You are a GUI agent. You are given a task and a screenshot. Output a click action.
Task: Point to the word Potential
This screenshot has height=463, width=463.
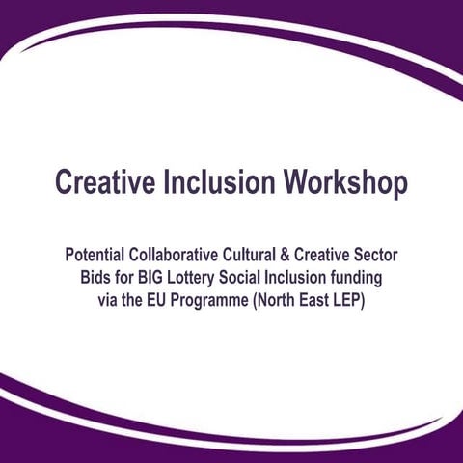99,258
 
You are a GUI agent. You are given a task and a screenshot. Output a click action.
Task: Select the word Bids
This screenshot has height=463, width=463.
96,278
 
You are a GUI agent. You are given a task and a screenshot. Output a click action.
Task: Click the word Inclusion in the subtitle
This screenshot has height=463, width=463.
304,278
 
